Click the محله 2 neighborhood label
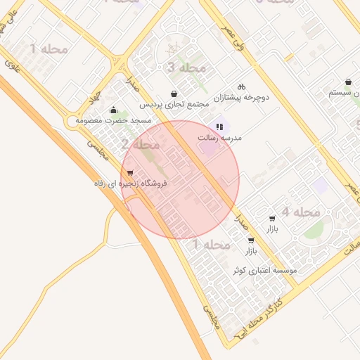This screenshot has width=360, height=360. click(x=141, y=145)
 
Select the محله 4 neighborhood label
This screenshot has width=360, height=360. click(x=301, y=212)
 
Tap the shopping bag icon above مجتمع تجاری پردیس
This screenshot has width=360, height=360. click(x=174, y=94)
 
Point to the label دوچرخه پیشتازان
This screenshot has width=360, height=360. click(x=242, y=97)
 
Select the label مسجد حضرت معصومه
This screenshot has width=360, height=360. click(x=114, y=121)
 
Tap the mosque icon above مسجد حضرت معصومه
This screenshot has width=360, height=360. click(x=113, y=110)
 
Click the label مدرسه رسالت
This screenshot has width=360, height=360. click(x=220, y=138)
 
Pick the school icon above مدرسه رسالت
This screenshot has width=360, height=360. click(x=220, y=127)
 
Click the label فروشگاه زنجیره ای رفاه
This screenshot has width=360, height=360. click(x=130, y=184)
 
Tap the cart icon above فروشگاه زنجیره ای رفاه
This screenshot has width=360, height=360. click(x=130, y=173)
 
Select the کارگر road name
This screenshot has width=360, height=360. click(x=280, y=301)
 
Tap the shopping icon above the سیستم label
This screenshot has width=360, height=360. click(x=349, y=82)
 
